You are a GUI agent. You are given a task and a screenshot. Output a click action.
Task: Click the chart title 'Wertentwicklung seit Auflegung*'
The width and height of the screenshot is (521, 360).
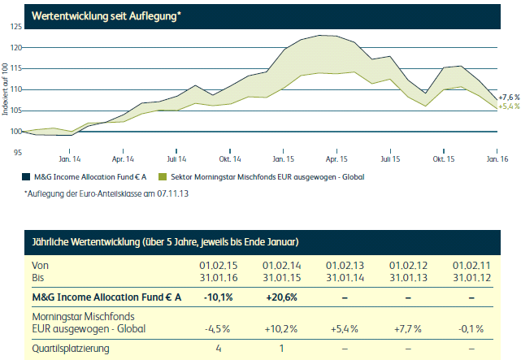pos(105,15)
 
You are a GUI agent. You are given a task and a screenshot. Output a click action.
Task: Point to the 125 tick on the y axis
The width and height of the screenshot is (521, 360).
pos(16,27)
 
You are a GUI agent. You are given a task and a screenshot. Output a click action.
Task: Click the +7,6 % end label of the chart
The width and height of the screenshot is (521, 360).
pos(509,97)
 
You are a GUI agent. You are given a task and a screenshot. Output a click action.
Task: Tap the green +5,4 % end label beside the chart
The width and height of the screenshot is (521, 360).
pos(509,106)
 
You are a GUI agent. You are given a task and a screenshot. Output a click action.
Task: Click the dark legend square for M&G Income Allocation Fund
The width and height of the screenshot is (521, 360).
pos(28,175)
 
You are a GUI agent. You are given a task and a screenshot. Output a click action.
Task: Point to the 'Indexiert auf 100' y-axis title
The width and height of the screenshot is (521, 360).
pos(6,89)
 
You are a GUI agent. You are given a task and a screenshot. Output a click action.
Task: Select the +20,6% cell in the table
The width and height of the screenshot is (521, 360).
pos(281,297)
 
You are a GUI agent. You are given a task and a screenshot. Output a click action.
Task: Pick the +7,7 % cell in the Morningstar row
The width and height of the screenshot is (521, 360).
pos(407,329)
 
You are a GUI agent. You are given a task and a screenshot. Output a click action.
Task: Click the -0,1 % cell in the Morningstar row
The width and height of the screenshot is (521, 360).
pos(471,329)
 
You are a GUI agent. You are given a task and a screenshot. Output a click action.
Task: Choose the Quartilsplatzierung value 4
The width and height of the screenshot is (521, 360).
pos(217,349)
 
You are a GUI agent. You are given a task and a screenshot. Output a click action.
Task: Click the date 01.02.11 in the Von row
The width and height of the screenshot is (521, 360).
pos(471,266)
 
